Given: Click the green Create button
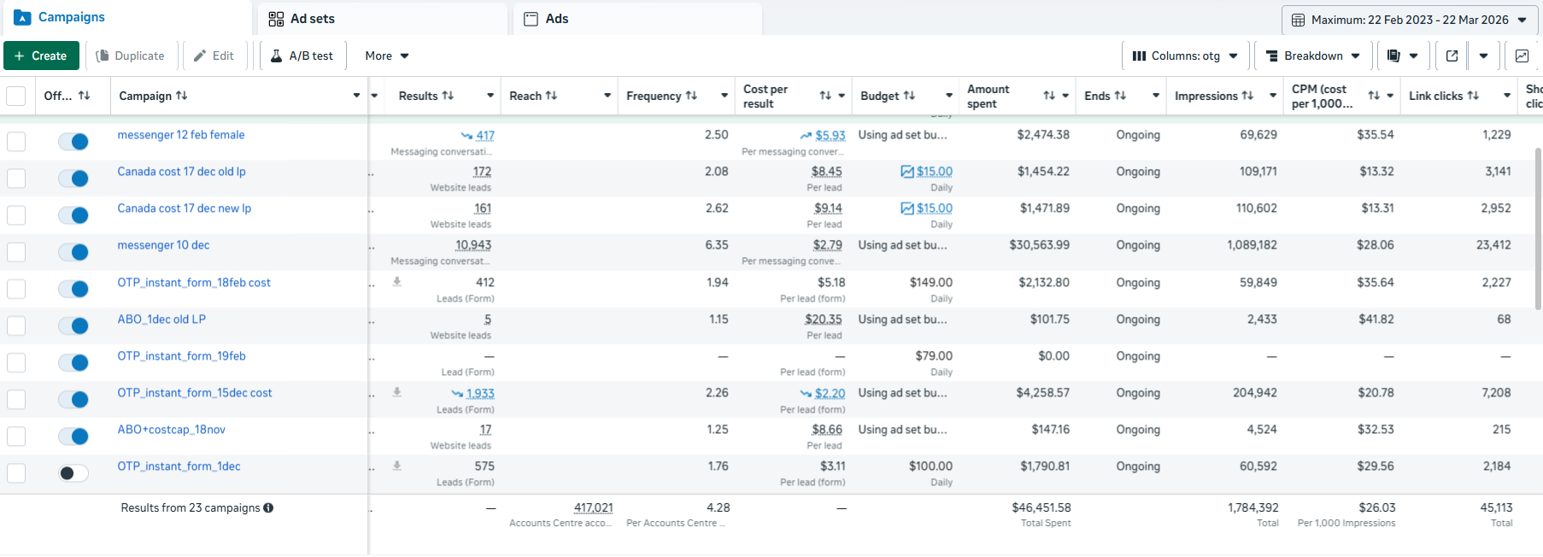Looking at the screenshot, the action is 41,56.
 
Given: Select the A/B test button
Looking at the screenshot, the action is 302,56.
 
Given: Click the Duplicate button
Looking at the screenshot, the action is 130,56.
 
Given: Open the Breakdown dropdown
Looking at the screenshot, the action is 1313,56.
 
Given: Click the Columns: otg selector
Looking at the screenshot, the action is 1185,56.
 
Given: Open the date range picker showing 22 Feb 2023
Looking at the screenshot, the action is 1411,20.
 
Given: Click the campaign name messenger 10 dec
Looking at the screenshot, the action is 163,245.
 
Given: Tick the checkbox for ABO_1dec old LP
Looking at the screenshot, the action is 16,325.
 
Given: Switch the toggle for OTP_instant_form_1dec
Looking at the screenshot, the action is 73,473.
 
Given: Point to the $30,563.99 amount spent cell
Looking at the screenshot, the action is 1039,245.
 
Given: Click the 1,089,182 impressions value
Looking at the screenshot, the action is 1252,245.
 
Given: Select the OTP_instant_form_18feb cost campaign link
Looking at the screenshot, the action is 194,283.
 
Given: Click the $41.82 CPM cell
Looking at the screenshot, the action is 1376,320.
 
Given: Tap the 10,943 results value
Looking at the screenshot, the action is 473,245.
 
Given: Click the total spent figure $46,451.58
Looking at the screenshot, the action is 1041,507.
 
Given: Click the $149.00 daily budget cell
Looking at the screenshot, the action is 930,283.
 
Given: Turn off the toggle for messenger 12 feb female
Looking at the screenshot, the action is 73,142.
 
